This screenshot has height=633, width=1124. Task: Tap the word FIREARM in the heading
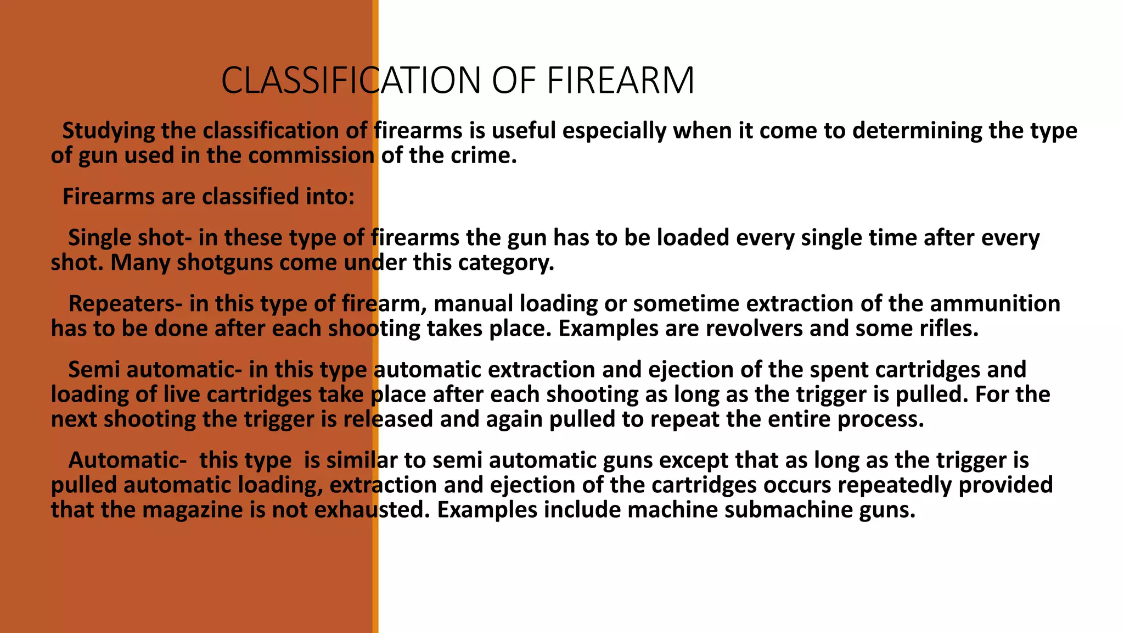point(621,81)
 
